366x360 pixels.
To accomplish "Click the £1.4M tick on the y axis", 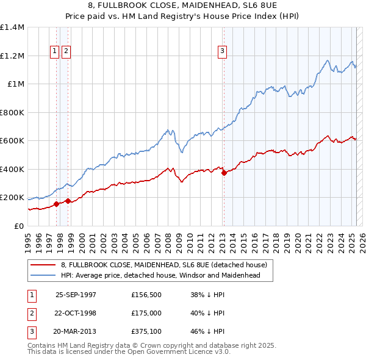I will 12,27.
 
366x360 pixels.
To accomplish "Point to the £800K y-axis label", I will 12,112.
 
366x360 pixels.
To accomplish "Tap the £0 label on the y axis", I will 18,226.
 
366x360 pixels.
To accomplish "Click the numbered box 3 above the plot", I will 222,51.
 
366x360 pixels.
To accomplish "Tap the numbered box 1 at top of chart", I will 55,51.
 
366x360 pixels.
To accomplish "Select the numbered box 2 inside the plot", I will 65,51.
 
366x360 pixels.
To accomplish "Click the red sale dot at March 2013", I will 224,173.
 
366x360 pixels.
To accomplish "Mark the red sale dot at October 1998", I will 68,201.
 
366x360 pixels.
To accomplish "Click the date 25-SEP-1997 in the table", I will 76,295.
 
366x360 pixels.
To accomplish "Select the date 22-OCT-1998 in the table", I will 76,313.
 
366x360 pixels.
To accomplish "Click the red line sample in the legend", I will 43,265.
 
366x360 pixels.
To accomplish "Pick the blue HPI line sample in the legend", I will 43,275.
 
